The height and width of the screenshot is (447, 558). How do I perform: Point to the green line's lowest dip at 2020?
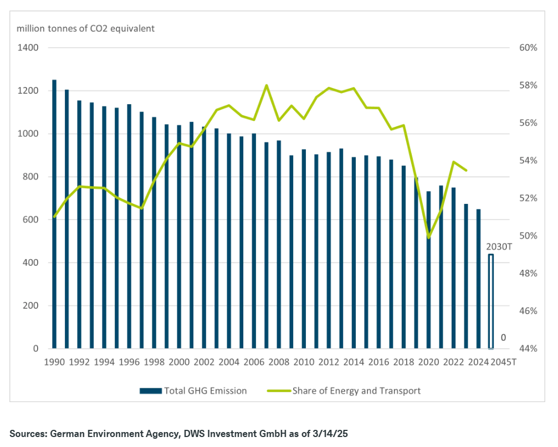point(428,238)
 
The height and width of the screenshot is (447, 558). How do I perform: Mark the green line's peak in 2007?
point(267,85)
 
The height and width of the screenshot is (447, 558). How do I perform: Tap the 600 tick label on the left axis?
point(30,220)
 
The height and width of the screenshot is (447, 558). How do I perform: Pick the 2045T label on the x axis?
point(504,363)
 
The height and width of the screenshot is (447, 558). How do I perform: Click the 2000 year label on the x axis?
point(179,363)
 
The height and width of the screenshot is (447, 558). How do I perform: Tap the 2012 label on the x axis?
point(329,363)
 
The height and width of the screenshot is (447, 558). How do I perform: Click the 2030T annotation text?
point(499,246)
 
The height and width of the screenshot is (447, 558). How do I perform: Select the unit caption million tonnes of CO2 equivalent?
point(86,28)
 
